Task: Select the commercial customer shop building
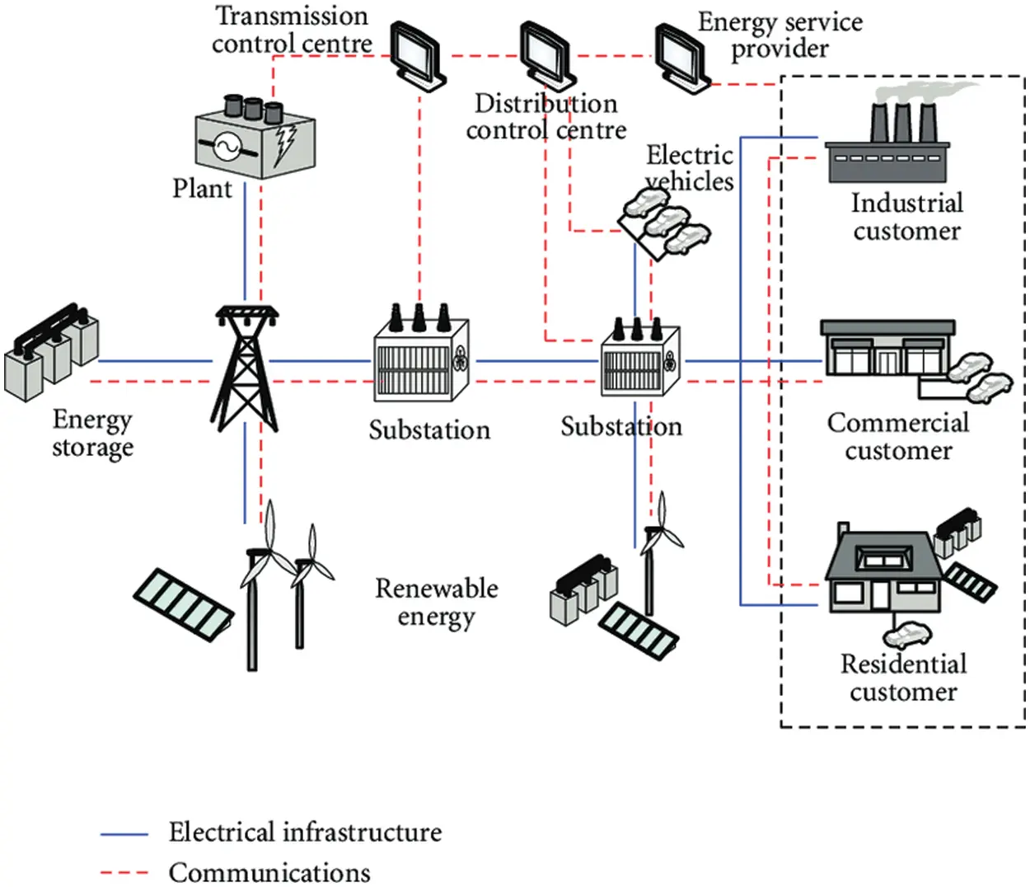tap(887, 350)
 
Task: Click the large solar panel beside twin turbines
tap(183, 602)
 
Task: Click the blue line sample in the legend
tap(124, 834)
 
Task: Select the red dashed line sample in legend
tap(124, 872)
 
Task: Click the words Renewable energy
tap(436, 602)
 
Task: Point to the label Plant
tap(202, 189)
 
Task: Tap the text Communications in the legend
tap(269, 872)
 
